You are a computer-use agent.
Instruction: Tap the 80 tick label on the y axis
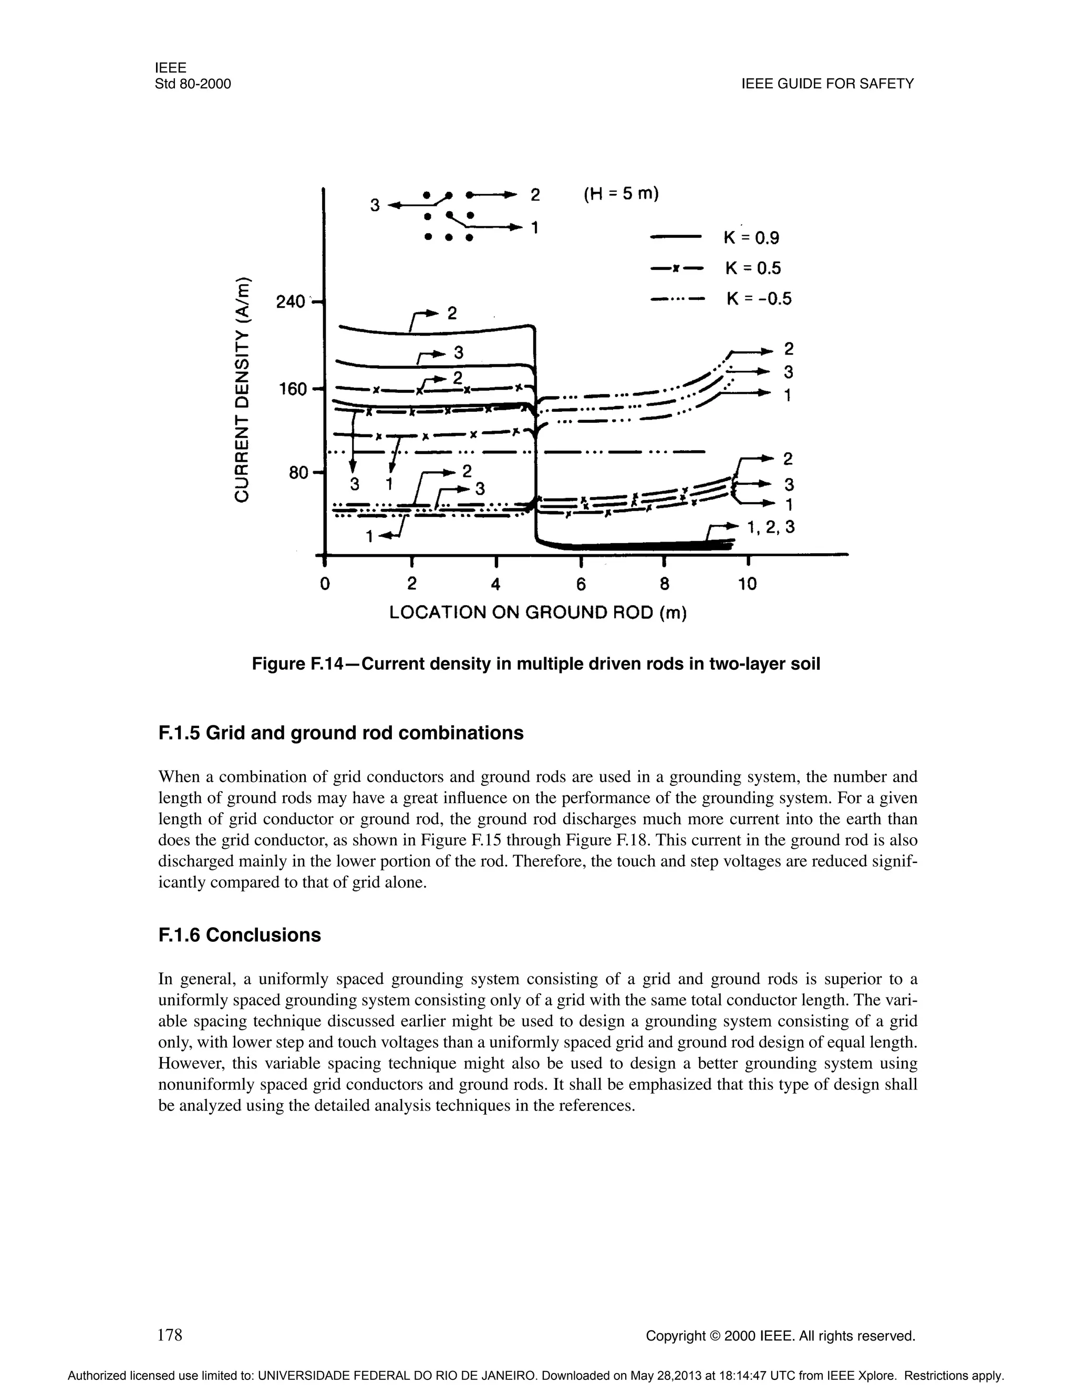[298, 473]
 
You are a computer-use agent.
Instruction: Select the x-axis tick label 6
[581, 583]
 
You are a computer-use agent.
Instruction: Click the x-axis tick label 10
[747, 583]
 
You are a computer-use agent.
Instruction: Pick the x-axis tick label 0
[325, 583]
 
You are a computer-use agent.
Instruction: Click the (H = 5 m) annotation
[621, 194]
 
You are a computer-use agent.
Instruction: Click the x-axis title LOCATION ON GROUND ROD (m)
[538, 613]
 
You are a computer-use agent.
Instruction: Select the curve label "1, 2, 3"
[771, 527]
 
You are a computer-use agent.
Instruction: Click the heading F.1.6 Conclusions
[239, 935]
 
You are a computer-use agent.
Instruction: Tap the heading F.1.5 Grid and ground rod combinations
[340, 733]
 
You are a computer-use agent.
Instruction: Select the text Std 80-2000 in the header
[192, 84]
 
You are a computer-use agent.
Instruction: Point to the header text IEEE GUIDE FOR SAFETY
[827, 84]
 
